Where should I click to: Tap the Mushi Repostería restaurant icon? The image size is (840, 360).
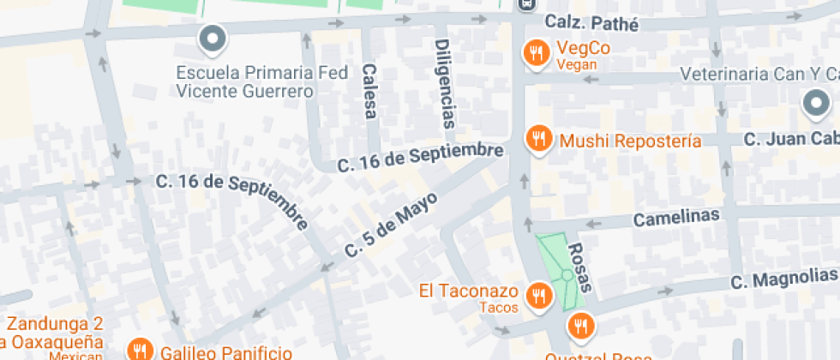coord(538,139)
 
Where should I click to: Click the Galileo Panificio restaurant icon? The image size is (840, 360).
coord(139,350)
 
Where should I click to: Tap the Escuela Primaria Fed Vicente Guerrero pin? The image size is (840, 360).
coord(211,39)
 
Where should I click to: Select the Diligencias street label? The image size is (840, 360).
coord(443,83)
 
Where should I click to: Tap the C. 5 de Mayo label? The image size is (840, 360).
coord(391,225)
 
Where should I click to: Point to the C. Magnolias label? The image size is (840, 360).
coord(783,277)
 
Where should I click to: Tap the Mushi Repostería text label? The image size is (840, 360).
coord(630,141)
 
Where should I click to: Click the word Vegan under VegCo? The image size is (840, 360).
coord(575,65)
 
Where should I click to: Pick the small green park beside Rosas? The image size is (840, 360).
coord(562,267)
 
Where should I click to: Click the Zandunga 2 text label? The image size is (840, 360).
coord(55,323)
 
